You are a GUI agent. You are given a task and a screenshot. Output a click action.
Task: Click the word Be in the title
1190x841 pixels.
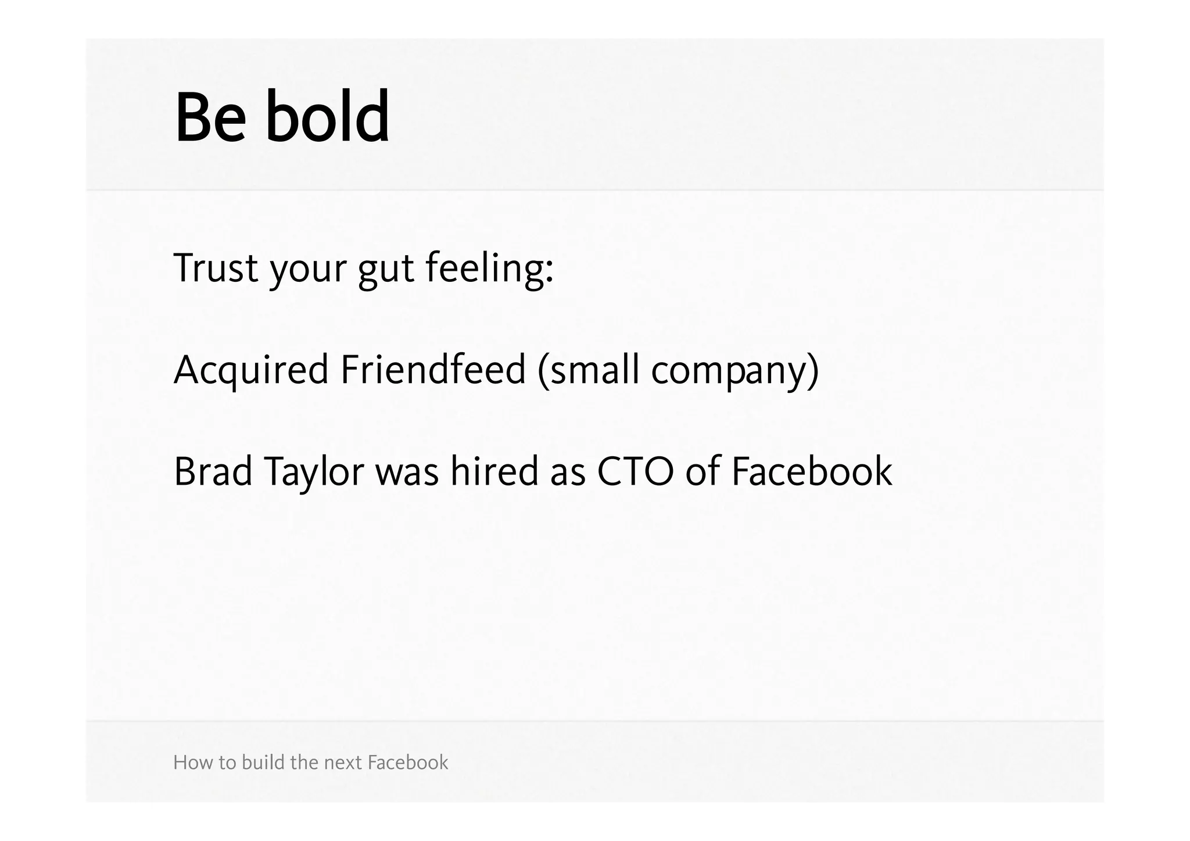[210, 117]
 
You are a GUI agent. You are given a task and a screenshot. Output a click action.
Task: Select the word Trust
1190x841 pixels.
[216, 269]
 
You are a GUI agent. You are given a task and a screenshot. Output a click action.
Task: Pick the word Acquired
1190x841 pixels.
[251, 371]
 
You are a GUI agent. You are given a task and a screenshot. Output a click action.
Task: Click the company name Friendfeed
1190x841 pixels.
[433, 370]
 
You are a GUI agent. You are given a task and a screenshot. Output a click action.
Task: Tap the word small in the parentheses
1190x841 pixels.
[594, 370]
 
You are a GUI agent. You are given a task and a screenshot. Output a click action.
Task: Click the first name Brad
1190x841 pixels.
[213, 471]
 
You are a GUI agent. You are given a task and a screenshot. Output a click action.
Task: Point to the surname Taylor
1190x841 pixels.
[314, 473]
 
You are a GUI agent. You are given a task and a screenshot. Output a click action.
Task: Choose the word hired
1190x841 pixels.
[494, 471]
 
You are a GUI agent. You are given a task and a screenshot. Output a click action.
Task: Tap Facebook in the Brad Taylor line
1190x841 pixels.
[811, 471]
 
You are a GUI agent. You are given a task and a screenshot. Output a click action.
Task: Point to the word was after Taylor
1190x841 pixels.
[407, 473]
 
